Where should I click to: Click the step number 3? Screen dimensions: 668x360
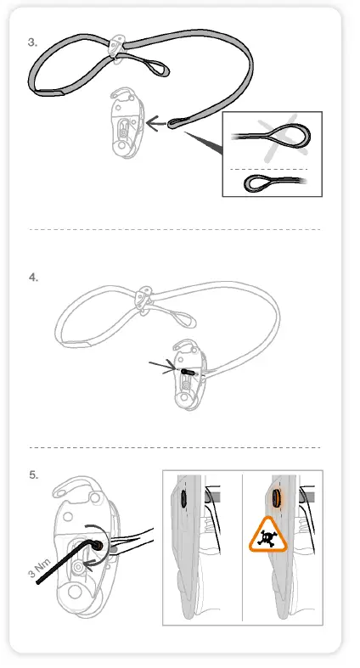(32, 41)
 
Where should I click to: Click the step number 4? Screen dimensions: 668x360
(32, 277)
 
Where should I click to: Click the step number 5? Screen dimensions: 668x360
(32, 474)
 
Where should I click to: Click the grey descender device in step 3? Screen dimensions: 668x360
(126, 126)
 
